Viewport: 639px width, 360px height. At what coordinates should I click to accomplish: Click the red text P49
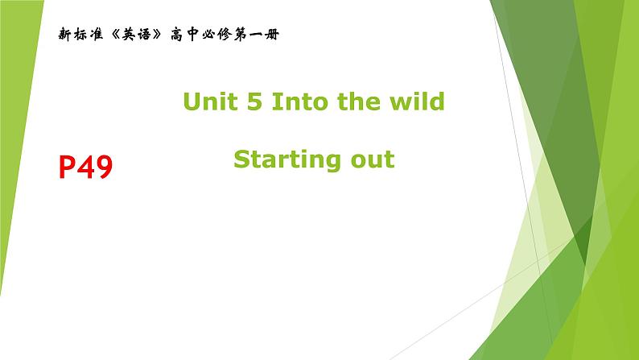pyautogui.click(x=85, y=168)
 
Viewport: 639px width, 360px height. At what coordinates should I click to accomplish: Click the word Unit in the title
pyautogui.click(x=210, y=101)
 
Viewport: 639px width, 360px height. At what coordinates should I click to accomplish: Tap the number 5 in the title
pyautogui.click(x=254, y=101)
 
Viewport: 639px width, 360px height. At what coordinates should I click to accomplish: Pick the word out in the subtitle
pyautogui.click(x=373, y=159)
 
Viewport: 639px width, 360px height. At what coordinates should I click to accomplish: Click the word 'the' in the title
pyautogui.click(x=357, y=101)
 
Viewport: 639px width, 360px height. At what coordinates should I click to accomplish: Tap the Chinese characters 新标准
pyautogui.click(x=80, y=35)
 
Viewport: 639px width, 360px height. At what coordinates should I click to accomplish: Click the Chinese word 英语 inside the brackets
pyautogui.click(x=136, y=35)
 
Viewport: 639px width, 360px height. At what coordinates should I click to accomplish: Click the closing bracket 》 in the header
pyautogui.click(x=157, y=35)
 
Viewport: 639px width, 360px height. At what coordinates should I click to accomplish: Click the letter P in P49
pyautogui.click(x=68, y=168)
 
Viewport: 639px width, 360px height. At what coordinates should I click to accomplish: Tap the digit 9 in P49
pyautogui.click(x=104, y=168)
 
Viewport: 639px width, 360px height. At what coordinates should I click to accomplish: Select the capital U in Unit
pyautogui.click(x=192, y=101)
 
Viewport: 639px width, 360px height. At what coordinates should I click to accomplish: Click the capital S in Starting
pyautogui.click(x=241, y=159)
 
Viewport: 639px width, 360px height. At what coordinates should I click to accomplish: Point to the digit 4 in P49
pyautogui.click(x=85, y=168)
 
